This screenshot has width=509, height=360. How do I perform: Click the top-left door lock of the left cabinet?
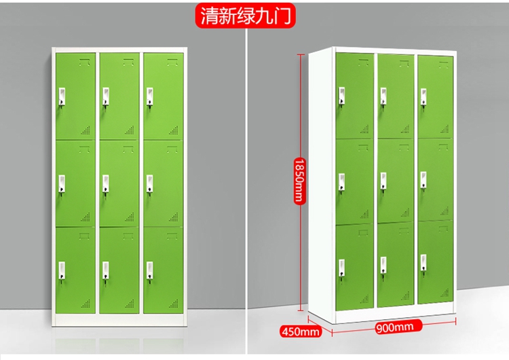point(62,97)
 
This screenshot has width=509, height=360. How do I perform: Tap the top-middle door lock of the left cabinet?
point(106,97)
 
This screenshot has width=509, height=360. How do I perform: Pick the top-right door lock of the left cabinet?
point(149,97)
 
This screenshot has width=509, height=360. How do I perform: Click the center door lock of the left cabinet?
point(106,183)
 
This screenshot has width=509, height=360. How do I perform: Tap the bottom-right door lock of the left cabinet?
point(149,269)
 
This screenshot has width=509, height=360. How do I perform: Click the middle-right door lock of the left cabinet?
point(149,183)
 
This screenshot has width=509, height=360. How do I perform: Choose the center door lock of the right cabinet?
point(384,181)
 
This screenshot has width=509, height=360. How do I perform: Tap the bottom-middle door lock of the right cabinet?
point(384,266)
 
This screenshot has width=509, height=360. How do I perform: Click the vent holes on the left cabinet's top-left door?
point(86,129)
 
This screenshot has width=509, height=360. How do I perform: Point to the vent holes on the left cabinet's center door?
point(130,215)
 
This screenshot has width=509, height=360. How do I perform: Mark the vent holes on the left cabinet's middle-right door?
point(172,215)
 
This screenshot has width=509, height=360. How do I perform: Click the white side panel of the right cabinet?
point(322,183)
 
